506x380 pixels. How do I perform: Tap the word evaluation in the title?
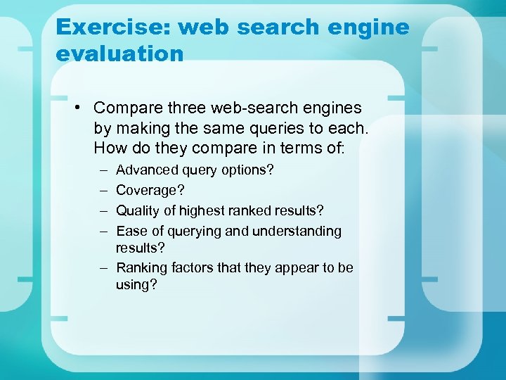pos(119,53)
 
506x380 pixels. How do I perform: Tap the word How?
pos(109,150)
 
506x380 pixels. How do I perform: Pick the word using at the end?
pos(136,285)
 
